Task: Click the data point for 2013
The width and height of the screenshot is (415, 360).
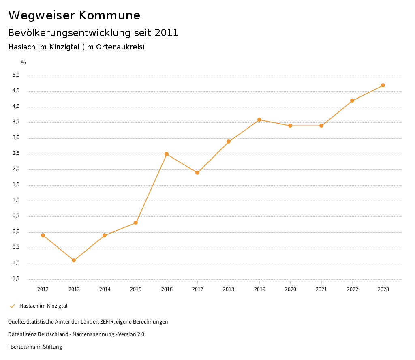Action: click(74, 260)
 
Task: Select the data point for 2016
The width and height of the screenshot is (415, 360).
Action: click(167, 154)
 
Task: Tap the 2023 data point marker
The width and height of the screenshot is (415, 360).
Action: click(383, 85)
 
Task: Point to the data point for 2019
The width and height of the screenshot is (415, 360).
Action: click(259, 120)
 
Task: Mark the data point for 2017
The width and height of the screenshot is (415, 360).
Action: click(197, 173)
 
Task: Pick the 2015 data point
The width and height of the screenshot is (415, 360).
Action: click(136, 223)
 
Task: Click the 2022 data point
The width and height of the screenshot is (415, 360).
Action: click(352, 101)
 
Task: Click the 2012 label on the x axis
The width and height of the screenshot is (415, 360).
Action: click(43, 289)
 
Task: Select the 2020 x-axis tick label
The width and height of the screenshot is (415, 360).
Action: click(290, 289)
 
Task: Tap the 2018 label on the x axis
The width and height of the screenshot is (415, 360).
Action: click(229, 289)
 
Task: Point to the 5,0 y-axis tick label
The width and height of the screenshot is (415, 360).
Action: click(16, 75)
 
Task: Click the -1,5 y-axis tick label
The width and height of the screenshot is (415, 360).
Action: click(15, 279)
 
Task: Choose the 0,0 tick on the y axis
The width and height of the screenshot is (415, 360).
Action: click(16, 231)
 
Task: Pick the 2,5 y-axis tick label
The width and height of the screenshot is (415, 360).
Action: click(16, 154)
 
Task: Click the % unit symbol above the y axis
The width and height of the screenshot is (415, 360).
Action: click(24, 63)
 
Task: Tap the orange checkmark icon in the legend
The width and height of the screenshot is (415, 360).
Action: click(12, 306)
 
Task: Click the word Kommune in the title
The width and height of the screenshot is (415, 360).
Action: click(110, 15)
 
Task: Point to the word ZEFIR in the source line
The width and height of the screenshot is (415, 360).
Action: click(106, 322)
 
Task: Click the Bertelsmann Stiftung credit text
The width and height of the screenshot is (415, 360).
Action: click(36, 347)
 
